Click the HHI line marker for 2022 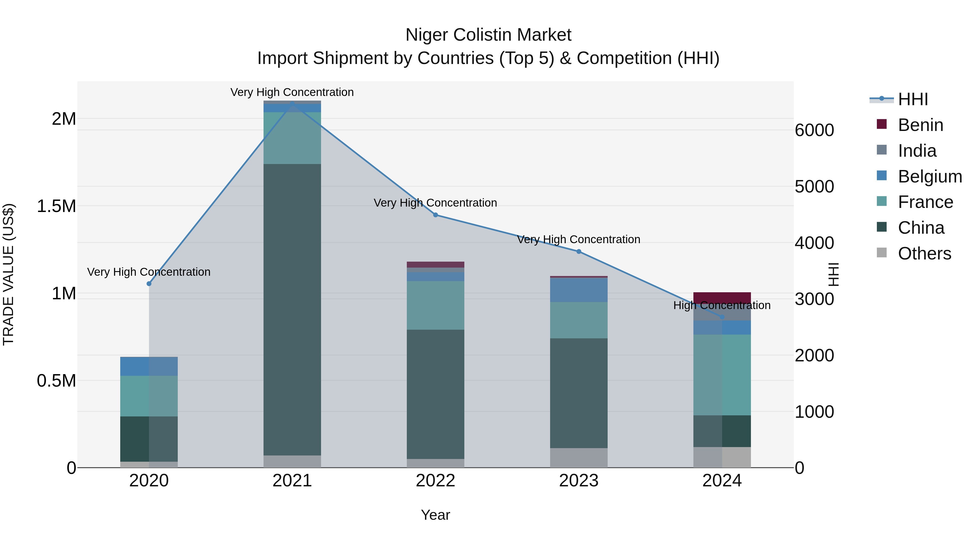tap(435, 215)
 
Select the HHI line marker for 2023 tap(579, 251)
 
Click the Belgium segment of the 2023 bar tap(579, 290)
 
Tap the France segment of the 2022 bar tap(435, 305)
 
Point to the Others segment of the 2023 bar tap(579, 457)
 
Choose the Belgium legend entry tap(930, 176)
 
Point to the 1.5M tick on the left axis tap(56, 207)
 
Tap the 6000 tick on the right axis tap(814, 130)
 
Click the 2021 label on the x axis tap(292, 481)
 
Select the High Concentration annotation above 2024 tap(722, 305)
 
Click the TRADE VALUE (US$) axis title tap(8, 274)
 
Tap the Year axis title tap(435, 515)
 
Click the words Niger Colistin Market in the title tap(488, 35)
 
